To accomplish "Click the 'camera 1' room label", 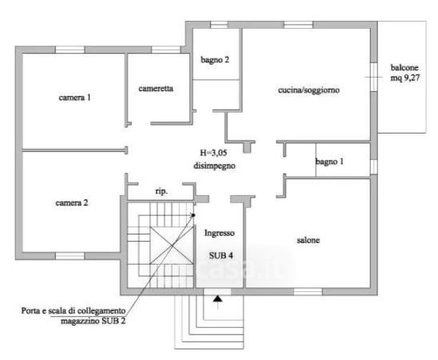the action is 74,98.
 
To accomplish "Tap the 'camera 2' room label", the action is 72,203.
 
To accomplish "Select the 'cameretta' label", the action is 156,89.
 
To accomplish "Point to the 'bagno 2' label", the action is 215,59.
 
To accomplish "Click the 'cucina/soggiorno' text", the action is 309,90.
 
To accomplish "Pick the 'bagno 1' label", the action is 329,162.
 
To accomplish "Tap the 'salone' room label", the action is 308,240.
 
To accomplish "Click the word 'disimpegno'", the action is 214,166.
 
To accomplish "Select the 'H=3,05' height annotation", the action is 213,153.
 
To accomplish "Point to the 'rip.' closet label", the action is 161,192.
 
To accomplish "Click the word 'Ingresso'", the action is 219,233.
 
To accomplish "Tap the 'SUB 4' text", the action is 221,255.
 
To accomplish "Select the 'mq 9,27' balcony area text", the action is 405,78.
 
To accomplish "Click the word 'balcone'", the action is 404,67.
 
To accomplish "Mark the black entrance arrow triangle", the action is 217,298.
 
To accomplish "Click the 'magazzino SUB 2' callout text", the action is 93,321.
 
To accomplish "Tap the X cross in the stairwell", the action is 172,246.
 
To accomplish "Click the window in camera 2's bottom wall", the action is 70,256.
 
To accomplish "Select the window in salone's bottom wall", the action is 308,292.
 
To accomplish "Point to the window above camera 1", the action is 70,50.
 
